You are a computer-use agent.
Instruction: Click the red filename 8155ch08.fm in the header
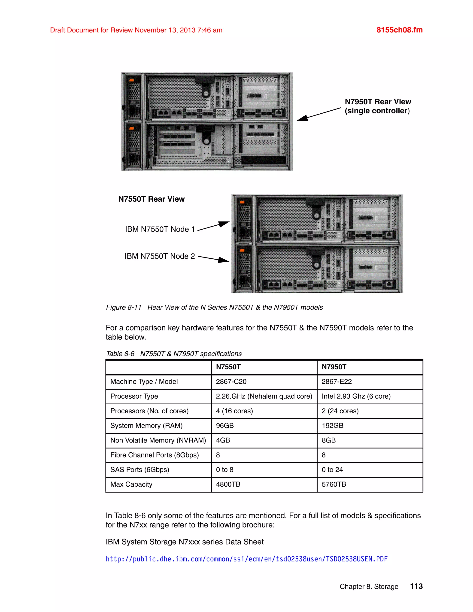pos(399,30)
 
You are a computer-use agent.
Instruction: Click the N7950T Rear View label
pos(377,106)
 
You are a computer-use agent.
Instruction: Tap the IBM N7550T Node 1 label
pos(160,229)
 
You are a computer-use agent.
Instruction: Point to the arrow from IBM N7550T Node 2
pos(213,259)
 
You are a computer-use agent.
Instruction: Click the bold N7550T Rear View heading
pos(151,199)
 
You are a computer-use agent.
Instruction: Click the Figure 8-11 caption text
pos(214,307)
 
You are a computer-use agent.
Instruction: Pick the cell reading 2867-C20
pos(231,382)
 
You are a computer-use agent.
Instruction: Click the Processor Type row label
pos(134,396)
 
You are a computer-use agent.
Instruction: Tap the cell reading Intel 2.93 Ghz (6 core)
pos(356,396)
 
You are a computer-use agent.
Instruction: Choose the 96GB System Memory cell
pos(225,426)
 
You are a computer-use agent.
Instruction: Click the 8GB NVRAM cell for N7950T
pos(329,440)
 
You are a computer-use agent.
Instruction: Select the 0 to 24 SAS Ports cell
pos(332,470)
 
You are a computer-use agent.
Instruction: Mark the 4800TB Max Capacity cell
pos(228,484)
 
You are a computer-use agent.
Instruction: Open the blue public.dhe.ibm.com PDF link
pos(247,559)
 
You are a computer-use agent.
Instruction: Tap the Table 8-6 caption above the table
pos(174,354)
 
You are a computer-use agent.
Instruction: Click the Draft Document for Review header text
pos(136,30)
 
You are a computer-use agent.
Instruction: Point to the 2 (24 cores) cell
pos(340,411)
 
